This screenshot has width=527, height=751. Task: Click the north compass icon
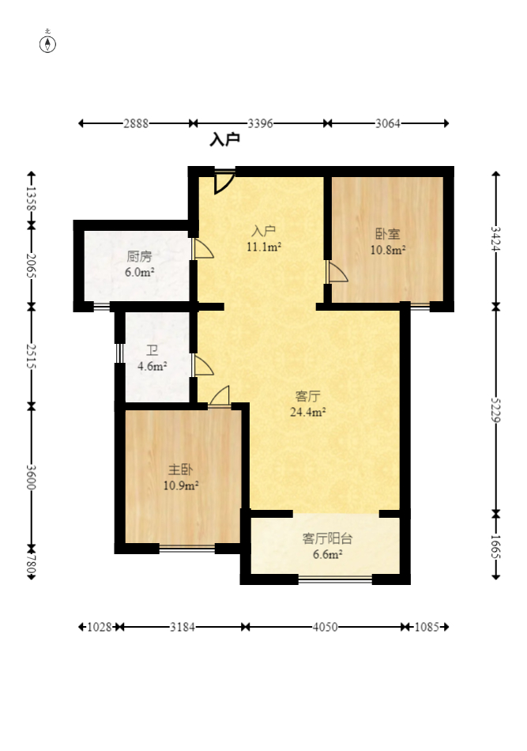tap(47, 43)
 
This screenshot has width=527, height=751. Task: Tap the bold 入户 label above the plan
tap(225, 140)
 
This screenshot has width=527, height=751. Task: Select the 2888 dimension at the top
tap(136, 123)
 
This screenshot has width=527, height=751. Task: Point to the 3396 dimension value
tap(261, 123)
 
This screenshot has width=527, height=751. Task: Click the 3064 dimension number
tap(388, 123)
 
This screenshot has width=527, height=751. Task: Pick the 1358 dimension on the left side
tap(31, 198)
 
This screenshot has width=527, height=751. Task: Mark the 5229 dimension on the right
tap(496, 410)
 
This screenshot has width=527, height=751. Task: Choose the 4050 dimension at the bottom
tap(325, 627)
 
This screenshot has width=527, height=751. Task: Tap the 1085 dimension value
tap(427, 627)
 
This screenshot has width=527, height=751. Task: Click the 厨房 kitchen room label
tap(139, 256)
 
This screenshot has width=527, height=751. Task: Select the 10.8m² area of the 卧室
tap(388, 250)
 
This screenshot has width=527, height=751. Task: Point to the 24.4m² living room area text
tap(308, 412)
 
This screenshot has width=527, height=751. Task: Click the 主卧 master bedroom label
tap(180, 470)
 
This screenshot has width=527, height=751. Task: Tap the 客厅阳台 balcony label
tap(327, 538)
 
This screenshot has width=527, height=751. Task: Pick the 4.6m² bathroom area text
tap(152, 366)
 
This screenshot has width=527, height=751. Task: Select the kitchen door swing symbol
tap(203, 249)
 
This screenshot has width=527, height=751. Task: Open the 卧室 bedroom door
tap(337, 272)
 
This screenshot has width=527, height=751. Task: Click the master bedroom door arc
tap(220, 395)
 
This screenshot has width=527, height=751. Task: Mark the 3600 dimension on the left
tap(31, 477)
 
